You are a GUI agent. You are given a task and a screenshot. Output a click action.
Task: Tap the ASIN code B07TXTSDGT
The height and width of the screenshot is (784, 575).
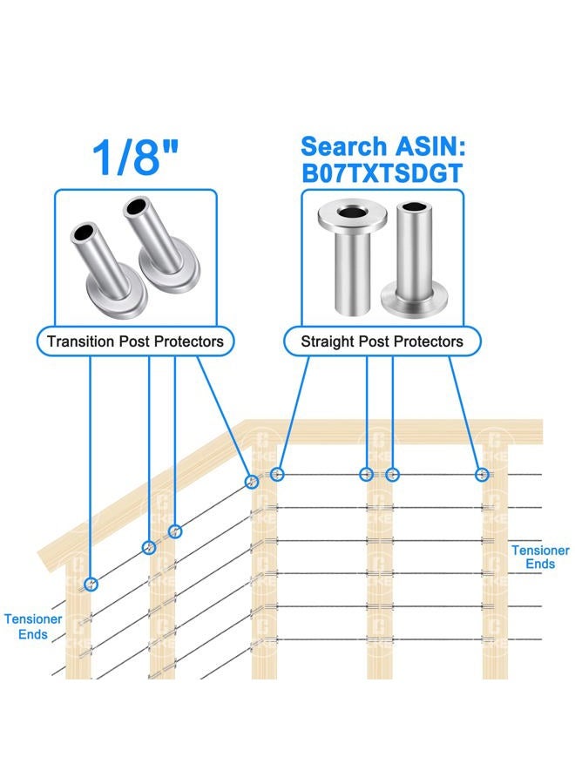pos(382,172)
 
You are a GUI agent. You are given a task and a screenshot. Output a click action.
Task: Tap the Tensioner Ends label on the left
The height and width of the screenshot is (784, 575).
pos(32,625)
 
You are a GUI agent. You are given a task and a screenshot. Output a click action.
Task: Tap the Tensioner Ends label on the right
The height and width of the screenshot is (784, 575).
pos(540,557)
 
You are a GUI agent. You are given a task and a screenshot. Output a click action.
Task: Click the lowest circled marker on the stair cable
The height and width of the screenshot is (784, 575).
pos(91,584)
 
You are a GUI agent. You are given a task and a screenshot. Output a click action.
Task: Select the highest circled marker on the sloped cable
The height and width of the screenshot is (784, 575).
pos(253,481)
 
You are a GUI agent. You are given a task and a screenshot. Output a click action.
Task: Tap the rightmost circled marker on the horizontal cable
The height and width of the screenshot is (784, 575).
pos(482,474)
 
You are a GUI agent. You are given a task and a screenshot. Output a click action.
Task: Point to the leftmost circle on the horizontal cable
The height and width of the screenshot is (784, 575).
pos(278,474)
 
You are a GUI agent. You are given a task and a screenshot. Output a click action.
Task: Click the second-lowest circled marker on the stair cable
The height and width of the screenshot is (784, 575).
pos(149,548)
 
